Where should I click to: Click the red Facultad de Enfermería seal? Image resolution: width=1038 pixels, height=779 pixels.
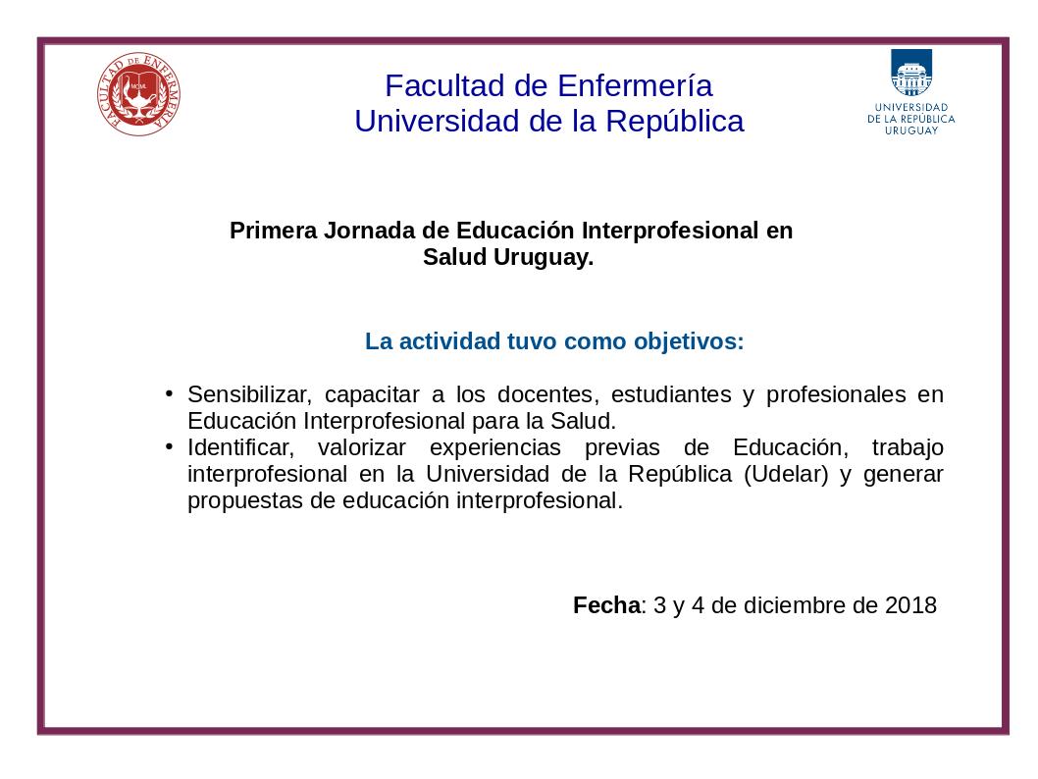click(138, 94)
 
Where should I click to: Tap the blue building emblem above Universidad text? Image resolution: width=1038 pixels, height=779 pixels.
click(910, 73)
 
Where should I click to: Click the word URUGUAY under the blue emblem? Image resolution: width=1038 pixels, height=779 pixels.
click(911, 131)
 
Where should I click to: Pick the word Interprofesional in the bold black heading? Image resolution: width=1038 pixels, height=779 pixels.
click(670, 231)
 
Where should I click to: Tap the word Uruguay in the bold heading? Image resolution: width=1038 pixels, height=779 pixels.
click(544, 257)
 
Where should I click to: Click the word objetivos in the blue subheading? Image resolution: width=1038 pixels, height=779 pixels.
click(689, 341)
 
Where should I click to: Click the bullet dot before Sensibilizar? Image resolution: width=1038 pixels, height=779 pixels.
click(170, 393)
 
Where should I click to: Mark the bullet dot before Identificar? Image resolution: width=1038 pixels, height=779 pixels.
click(170, 446)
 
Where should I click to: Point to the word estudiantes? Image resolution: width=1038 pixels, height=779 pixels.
click(671, 394)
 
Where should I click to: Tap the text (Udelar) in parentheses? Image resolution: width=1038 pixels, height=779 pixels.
click(787, 475)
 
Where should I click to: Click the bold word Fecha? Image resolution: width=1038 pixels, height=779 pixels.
click(606, 605)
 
